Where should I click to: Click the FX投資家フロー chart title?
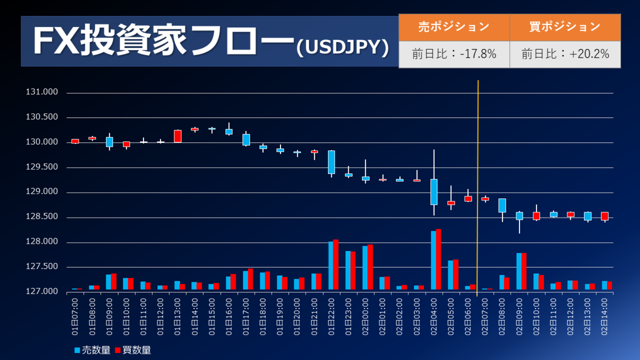211,41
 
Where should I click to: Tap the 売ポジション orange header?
454,27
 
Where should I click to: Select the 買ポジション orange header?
565,27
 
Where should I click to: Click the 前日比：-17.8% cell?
454,54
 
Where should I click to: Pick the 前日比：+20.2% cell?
565,54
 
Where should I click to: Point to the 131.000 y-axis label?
42,92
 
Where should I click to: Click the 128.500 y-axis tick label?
42,217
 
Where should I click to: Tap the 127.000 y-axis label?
42,291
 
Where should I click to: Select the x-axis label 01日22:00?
331,317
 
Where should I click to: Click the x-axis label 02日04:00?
434,317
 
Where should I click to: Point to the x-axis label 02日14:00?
605,317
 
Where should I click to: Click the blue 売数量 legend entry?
92,350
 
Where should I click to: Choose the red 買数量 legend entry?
133,350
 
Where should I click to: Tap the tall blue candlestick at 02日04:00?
434,191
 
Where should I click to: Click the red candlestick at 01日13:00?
178,136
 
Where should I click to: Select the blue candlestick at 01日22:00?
331,162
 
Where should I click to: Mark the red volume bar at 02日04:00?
438,259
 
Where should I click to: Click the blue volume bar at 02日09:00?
519,271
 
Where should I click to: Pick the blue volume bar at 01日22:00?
331,266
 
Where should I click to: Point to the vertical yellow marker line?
478,188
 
